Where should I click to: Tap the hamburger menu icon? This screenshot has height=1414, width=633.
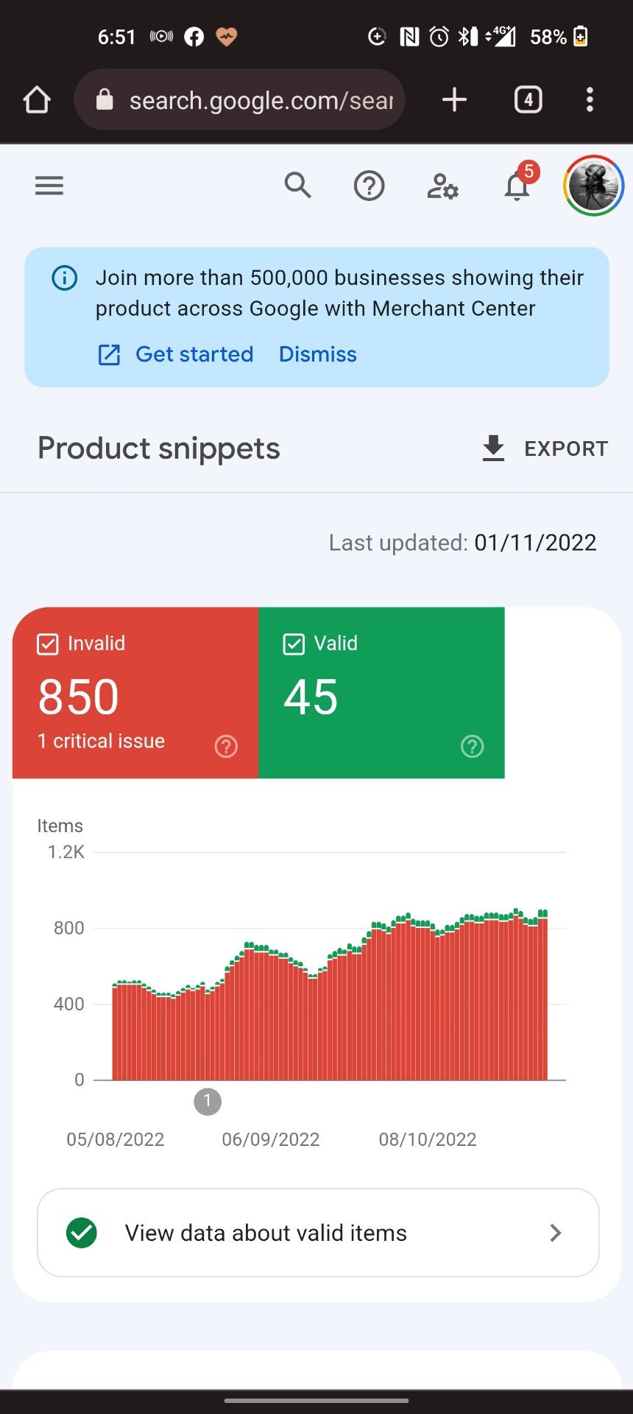click(49, 186)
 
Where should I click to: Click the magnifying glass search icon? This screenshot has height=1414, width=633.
click(297, 186)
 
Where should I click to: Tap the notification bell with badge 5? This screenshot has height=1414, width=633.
click(517, 186)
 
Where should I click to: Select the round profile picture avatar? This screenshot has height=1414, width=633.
click(593, 186)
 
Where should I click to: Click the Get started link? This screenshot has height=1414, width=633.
click(194, 354)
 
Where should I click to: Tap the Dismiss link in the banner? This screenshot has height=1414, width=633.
click(317, 354)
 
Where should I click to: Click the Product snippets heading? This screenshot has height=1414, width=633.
click(159, 449)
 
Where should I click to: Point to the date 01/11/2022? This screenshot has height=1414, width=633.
click(535, 543)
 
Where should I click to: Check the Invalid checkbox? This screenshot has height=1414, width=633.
click(48, 644)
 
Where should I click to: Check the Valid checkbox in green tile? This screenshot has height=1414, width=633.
click(294, 644)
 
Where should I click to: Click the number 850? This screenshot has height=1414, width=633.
click(78, 697)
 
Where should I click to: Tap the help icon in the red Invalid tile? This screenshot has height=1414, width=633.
click(226, 747)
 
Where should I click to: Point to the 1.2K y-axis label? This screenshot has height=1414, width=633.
click(66, 852)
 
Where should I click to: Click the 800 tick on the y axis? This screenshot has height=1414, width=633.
click(68, 928)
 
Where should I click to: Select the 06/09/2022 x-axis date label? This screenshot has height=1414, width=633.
click(271, 1139)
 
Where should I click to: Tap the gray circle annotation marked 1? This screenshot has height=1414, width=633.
click(208, 1102)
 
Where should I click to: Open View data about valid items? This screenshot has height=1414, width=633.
click(318, 1233)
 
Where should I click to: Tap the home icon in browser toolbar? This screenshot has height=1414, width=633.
click(37, 99)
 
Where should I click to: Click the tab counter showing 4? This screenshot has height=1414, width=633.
click(528, 99)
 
